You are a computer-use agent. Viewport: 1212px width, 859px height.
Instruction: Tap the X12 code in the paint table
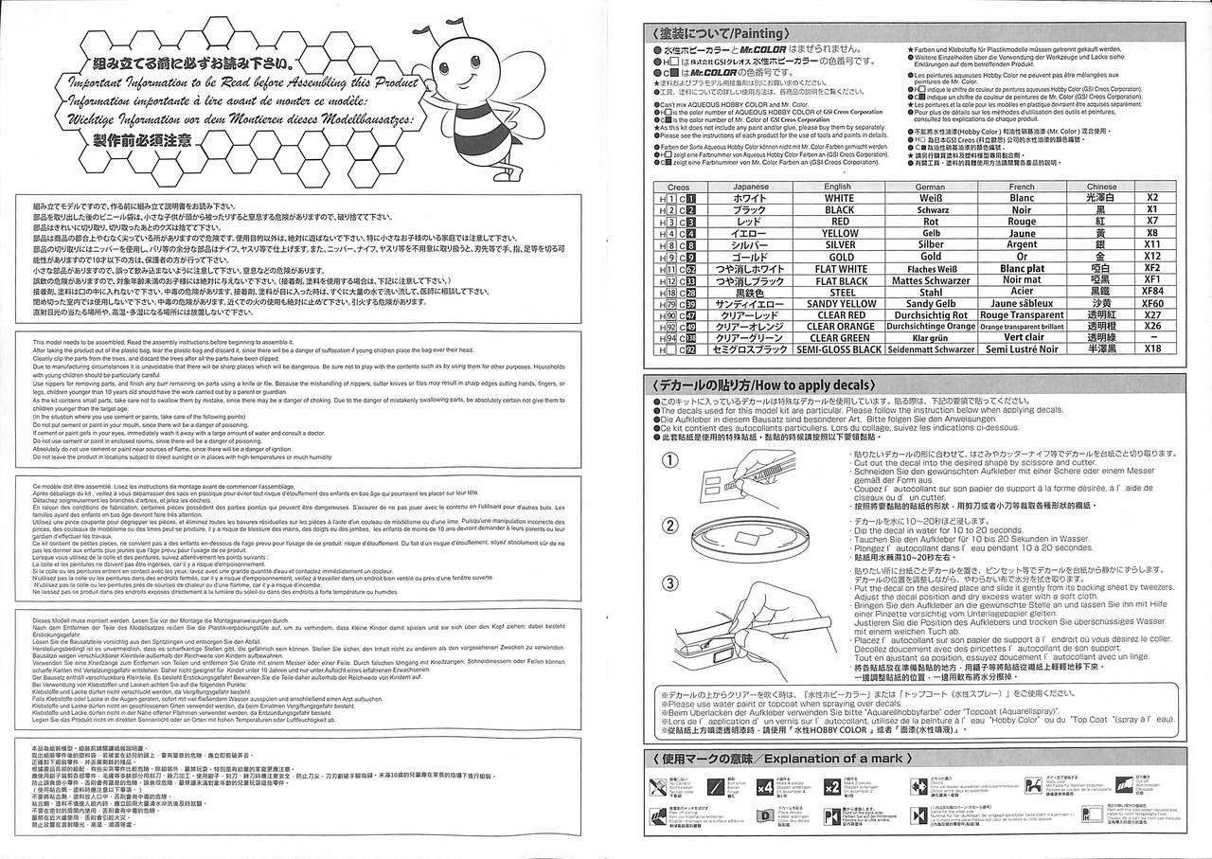[1151, 257]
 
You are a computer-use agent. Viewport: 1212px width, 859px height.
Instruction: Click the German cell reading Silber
[930, 244]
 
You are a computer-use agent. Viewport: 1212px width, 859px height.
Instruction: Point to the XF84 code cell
[1151, 292]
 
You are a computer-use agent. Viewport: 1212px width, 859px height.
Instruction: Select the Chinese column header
[1101, 187]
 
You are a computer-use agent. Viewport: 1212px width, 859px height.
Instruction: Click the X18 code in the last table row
[1151, 349]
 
